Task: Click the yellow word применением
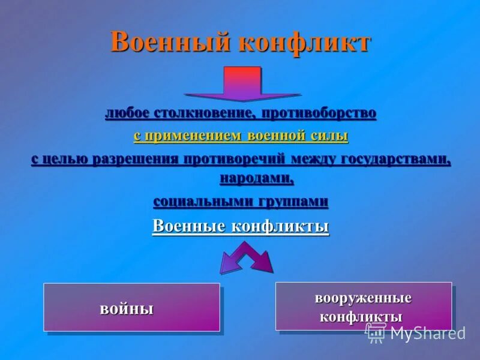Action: tap(188, 136)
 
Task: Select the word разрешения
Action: tap(135, 159)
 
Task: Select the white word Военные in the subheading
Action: tap(184, 227)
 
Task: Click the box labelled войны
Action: tap(131, 307)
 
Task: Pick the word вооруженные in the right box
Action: tap(363, 298)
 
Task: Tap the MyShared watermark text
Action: tap(427, 333)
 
